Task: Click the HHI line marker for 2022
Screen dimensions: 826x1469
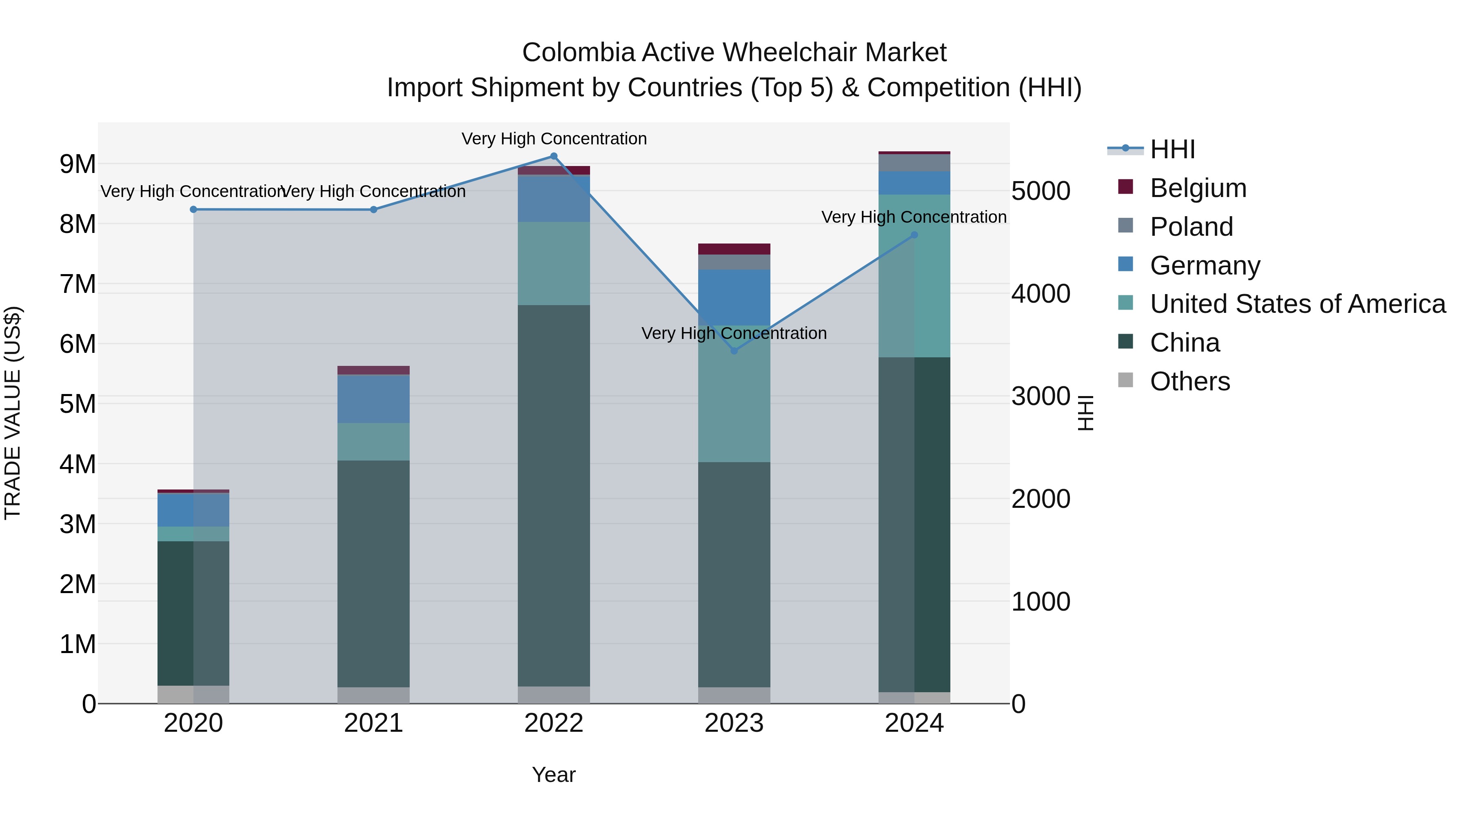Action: [x=553, y=156]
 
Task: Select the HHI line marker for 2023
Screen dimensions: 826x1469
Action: [x=734, y=350]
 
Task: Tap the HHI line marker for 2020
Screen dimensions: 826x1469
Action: [x=193, y=209]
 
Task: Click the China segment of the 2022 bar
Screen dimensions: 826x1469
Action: [x=553, y=496]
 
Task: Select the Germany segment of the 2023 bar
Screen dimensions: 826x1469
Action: [x=734, y=297]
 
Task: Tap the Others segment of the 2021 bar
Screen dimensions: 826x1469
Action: [x=373, y=695]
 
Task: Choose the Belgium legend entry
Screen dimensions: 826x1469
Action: [x=1198, y=188]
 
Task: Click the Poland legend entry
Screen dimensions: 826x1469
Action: [x=1191, y=227]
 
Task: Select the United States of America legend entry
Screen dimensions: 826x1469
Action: [x=1297, y=304]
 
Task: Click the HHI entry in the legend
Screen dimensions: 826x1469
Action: [x=1172, y=149]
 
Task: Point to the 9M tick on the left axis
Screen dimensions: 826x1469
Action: [x=78, y=164]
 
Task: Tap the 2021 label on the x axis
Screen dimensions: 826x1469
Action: [x=373, y=723]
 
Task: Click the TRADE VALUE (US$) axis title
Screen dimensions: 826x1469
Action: [x=13, y=413]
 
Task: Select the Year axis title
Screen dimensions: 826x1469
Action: [x=553, y=775]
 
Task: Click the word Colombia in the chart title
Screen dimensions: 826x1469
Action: [x=578, y=53]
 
